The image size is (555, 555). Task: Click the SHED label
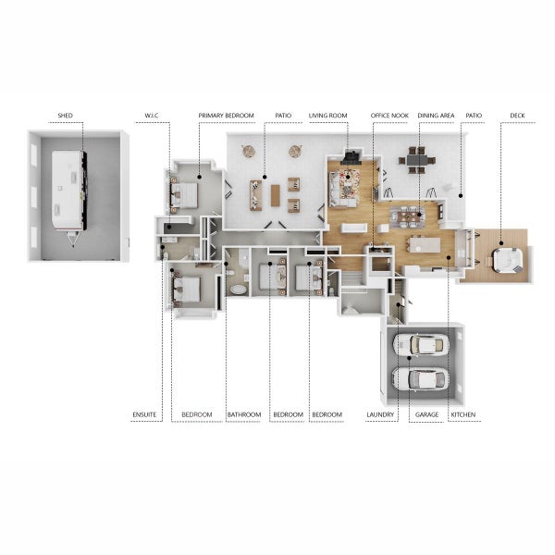coord(65,116)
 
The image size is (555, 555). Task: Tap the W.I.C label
coord(152,116)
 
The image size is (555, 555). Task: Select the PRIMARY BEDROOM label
coord(227,116)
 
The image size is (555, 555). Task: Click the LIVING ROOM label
coord(327,116)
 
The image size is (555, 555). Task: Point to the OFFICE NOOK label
coord(389,116)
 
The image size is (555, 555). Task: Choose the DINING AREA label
coord(436,116)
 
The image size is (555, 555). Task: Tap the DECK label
coord(517,116)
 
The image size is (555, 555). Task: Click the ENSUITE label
coord(144,414)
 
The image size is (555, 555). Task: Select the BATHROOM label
coord(244,414)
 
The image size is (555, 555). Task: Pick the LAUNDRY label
coord(380,414)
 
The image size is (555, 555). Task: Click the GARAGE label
coord(426,414)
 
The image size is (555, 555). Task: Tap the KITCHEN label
coord(463,414)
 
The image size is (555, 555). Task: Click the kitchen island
coord(425,245)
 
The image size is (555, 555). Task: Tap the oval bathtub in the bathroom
coord(239,290)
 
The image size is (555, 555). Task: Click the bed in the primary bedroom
coord(184,194)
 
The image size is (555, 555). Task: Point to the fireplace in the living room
coord(351,157)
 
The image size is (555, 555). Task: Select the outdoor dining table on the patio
coord(417,160)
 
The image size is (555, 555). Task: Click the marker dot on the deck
coord(501,243)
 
